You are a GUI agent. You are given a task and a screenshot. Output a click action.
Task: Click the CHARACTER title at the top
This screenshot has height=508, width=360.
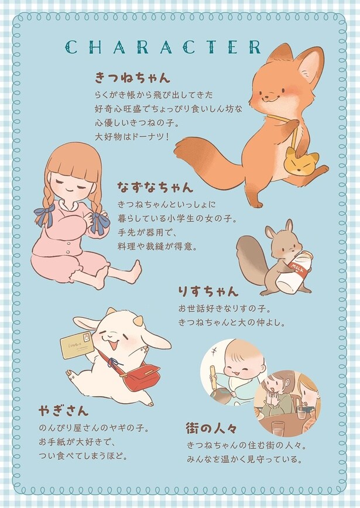pyautogui.click(x=163, y=47)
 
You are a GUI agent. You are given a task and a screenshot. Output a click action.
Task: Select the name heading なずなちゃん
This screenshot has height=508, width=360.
pyautogui.click(x=155, y=188)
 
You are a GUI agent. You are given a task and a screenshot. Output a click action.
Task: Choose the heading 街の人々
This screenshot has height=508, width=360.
pyautogui.click(x=213, y=427)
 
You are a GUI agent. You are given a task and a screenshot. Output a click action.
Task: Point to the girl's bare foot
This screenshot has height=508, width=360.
pyautogui.click(x=135, y=272)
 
